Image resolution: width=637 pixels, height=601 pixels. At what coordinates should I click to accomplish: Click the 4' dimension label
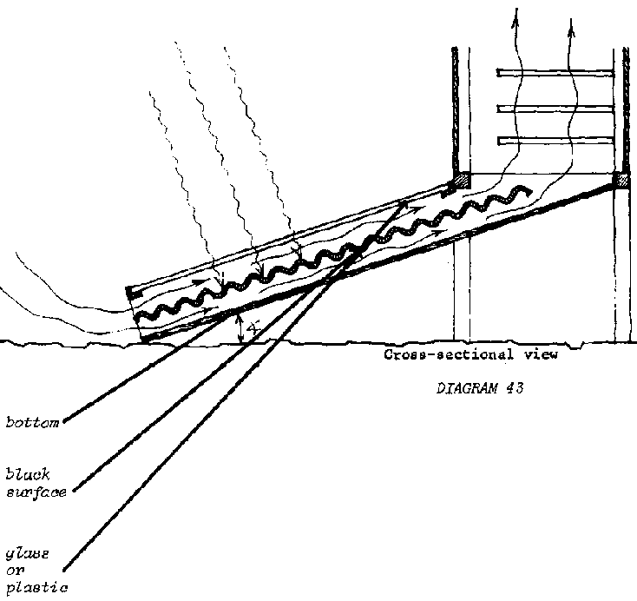click(x=251, y=330)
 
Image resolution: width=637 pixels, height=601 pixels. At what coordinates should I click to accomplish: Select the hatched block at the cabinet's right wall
click(x=621, y=181)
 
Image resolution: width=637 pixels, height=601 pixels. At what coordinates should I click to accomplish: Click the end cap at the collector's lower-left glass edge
click(x=129, y=292)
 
